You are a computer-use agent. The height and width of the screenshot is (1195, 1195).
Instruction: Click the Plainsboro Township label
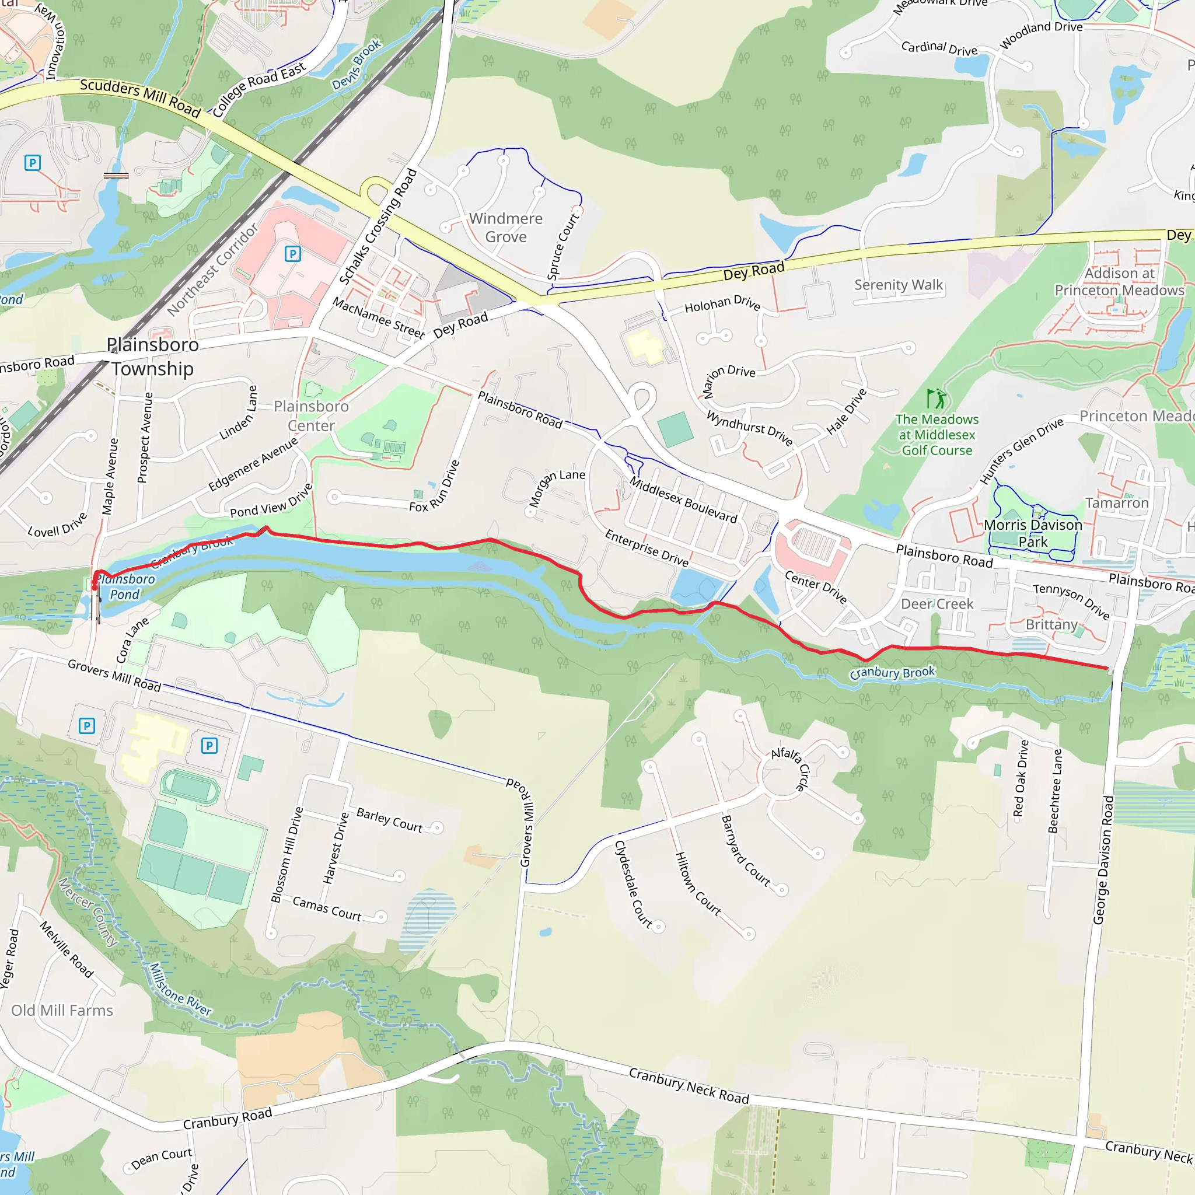tap(152, 357)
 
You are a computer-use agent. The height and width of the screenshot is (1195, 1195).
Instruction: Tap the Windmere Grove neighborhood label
tap(505, 228)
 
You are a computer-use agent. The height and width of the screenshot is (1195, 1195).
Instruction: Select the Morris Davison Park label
tap(1032, 533)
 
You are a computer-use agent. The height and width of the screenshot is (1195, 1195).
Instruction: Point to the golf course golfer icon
tap(937, 399)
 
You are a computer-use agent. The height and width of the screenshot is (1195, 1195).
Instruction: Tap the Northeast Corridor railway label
tap(213, 270)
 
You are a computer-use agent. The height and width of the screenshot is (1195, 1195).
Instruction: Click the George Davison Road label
tap(1103, 859)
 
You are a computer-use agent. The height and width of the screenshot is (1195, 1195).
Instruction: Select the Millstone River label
tap(180, 990)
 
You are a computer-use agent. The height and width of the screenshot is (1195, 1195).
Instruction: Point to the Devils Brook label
tap(357, 64)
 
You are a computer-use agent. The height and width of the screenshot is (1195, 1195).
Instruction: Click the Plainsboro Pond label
tap(125, 586)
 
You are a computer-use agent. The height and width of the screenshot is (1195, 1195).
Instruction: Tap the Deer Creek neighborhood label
tap(937, 604)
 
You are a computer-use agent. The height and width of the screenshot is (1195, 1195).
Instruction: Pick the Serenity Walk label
tap(898, 285)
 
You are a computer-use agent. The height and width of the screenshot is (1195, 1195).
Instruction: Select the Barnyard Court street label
tap(746, 851)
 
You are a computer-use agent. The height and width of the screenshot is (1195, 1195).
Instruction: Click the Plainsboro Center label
tap(311, 415)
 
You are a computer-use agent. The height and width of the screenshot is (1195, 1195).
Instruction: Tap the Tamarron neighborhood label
tap(1116, 503)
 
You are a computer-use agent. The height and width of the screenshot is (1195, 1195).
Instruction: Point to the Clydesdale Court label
tap(633, 884)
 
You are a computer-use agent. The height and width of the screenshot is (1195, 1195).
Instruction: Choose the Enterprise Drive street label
tap(647, 547)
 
